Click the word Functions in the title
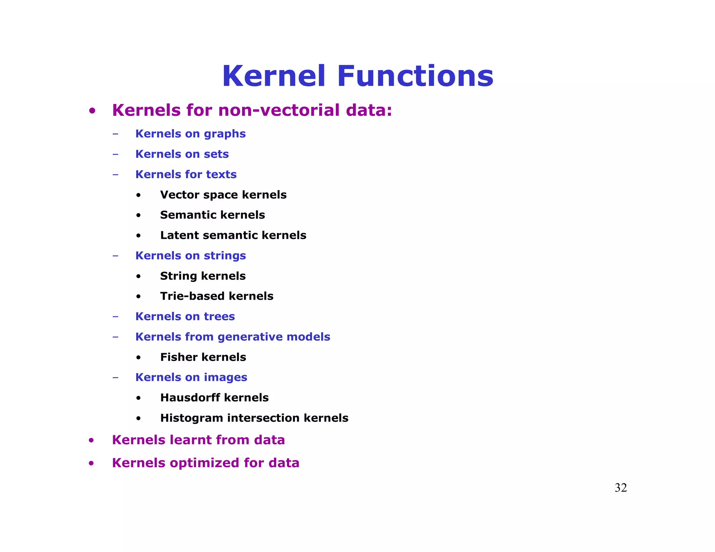(x=415, y=76)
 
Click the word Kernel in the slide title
(x=274, y=76)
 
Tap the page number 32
(x=620, y=488)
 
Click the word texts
(x=221, y=174)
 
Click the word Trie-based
(x=192, y=296)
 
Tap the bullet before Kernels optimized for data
(x=91, y=463)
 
